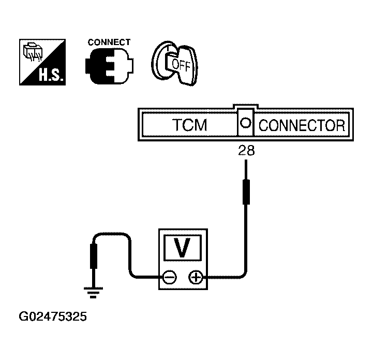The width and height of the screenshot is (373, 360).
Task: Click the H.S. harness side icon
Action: click(x=42, y=62)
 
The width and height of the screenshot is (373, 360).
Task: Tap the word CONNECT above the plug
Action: click(x=109, y=42)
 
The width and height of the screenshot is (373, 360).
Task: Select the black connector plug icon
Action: click(x=110, y=66)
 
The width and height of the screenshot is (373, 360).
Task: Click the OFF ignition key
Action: click(x=175, y=63)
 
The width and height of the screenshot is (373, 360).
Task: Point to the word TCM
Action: click(x=189, y=125)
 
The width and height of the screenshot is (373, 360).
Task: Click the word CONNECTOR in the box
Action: click(x=302, y=125)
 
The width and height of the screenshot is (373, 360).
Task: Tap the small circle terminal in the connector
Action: click(x=246, y=123)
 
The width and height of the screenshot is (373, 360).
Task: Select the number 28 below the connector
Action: click(x=246, y=151)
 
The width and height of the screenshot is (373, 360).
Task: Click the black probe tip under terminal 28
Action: click(x=246, y=192)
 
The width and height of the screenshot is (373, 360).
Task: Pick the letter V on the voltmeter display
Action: click(x=182, y=248)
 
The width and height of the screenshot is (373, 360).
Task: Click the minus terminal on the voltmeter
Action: click(x=170, y=277)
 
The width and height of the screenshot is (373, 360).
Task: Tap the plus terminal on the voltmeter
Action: click(x=196, y=277)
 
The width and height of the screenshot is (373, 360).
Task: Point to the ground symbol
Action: click(x=93, y=293)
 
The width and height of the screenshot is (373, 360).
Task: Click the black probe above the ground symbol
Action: click(x=94, y=256)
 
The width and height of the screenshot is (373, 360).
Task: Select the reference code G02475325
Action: click(x=53, y=317)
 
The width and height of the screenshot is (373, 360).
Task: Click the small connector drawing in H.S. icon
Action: click(x=33, y=51)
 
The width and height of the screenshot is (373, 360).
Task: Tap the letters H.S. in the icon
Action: click(x=51, y=75)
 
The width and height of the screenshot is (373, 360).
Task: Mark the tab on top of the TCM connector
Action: click(x=246, y=106)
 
